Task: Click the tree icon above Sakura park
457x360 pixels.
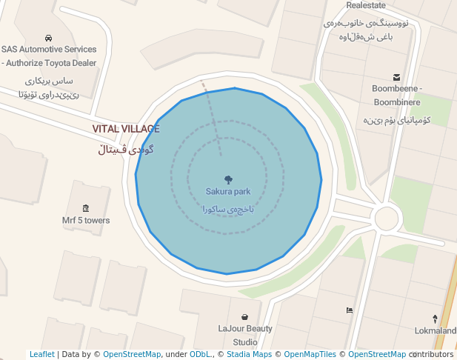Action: (228, 179)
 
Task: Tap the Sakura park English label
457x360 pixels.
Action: (228, 191)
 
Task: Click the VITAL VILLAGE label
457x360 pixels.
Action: (126, 129)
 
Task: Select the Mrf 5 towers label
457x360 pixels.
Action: (86, 220)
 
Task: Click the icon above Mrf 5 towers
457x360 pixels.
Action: (86, 208)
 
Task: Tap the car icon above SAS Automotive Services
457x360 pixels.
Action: (48, 38)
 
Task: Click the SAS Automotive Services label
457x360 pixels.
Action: (49, 56)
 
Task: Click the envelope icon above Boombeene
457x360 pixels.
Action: (397, 77)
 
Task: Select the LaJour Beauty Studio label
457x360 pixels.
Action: (245, 335)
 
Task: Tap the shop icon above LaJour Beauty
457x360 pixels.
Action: (245, 317)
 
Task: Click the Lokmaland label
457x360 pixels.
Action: (436, 330)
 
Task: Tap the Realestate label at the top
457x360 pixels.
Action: (366, 4)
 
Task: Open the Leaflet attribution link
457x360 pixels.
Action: (42, 354)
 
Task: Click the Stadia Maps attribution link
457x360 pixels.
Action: (248, 354)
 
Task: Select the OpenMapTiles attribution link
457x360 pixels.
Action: (310, 354)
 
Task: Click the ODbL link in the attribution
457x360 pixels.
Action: (200, 354)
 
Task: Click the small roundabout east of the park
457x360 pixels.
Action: (387, 219)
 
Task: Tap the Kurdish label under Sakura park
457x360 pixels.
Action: (228, 209)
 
